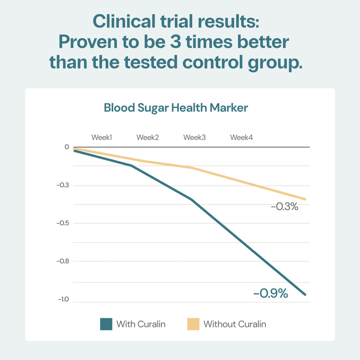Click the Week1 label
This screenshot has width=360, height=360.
(x=102, y=138)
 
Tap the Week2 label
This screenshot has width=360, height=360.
(x=148, y=138)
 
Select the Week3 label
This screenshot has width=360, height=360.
(x=194, y=138)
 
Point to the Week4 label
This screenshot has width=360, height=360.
(x=242, y=138)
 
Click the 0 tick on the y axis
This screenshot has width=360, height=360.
(x=67, y=147)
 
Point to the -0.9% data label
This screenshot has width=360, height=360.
(x=271, y=294)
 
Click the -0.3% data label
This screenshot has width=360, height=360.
(x=284, y=207)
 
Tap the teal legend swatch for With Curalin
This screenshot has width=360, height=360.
(x=106, y=324)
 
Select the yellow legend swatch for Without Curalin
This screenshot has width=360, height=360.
(x=193, y=324)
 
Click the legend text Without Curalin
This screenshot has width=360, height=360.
(x=235, y=324)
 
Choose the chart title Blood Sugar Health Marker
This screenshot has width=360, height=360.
(x=176, y=108)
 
